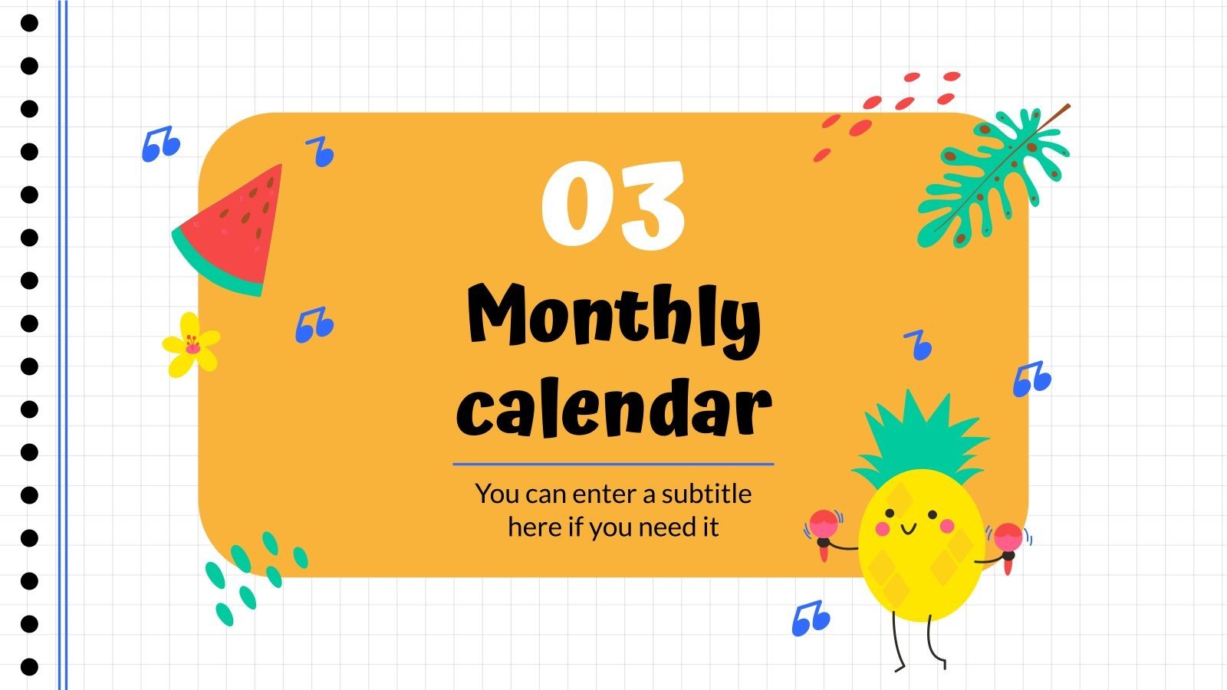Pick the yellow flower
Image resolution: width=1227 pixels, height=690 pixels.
coord(191,345)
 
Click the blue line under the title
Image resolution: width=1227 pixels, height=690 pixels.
coord(613,464)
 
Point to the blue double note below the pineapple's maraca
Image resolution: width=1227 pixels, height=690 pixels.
coord(811,618)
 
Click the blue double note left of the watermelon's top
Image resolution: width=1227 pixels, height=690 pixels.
coord(160,144)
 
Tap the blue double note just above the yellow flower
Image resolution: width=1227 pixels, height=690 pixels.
coord(314,325)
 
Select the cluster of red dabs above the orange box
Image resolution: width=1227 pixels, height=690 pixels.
coord(890,111)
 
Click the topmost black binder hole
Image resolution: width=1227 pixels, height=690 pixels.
coord(29,24)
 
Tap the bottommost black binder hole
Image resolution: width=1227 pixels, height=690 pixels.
coord(29,666)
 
